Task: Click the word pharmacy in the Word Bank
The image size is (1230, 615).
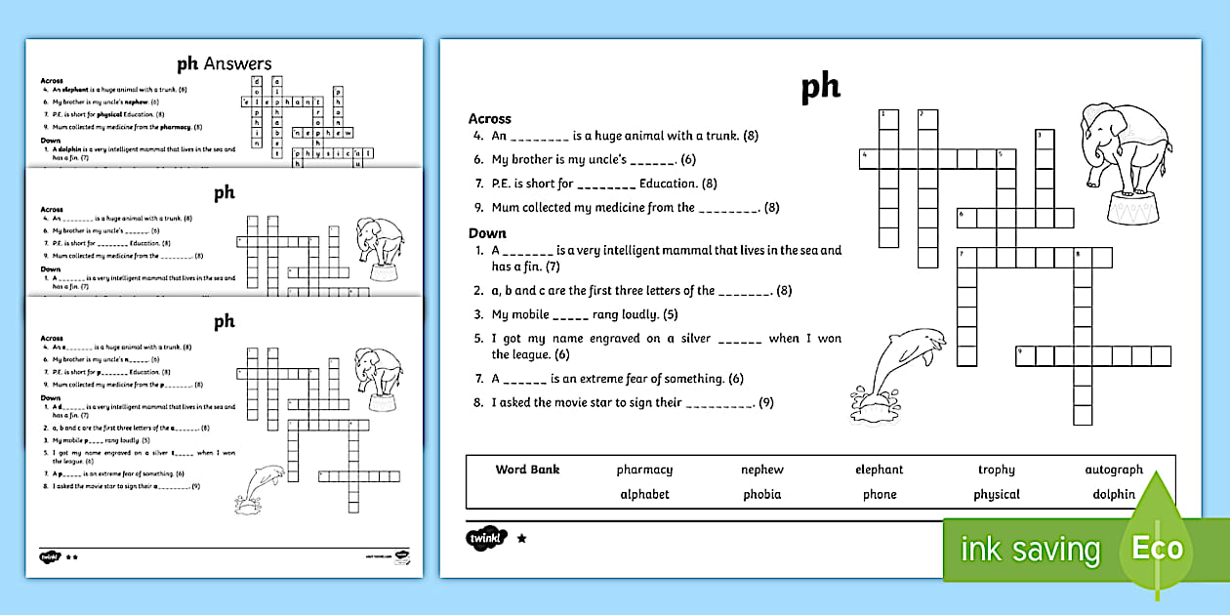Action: (644, 470)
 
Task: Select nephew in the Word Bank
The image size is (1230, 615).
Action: (761, 470)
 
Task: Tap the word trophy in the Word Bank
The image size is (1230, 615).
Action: (996, 470)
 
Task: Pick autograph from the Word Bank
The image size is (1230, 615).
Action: (1113, 470)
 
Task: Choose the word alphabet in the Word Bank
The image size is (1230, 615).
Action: (644, 494)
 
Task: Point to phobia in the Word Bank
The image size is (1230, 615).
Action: (761, 494)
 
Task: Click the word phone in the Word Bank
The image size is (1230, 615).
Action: (879, 494)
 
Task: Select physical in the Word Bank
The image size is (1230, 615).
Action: (996, 494)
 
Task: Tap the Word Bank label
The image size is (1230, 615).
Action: (527, 470)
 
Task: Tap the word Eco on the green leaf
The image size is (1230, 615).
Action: (1157, 547)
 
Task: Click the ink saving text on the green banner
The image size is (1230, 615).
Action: (1029, 550)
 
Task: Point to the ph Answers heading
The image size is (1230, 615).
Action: (224, 64)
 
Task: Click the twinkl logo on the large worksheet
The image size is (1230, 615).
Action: (487, 538)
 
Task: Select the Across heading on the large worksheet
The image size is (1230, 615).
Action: (489, 119)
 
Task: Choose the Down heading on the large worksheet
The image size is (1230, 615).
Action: (487, 233)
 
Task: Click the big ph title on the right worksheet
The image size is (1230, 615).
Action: (820, 88)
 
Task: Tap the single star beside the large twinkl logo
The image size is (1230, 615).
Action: (521, 538)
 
